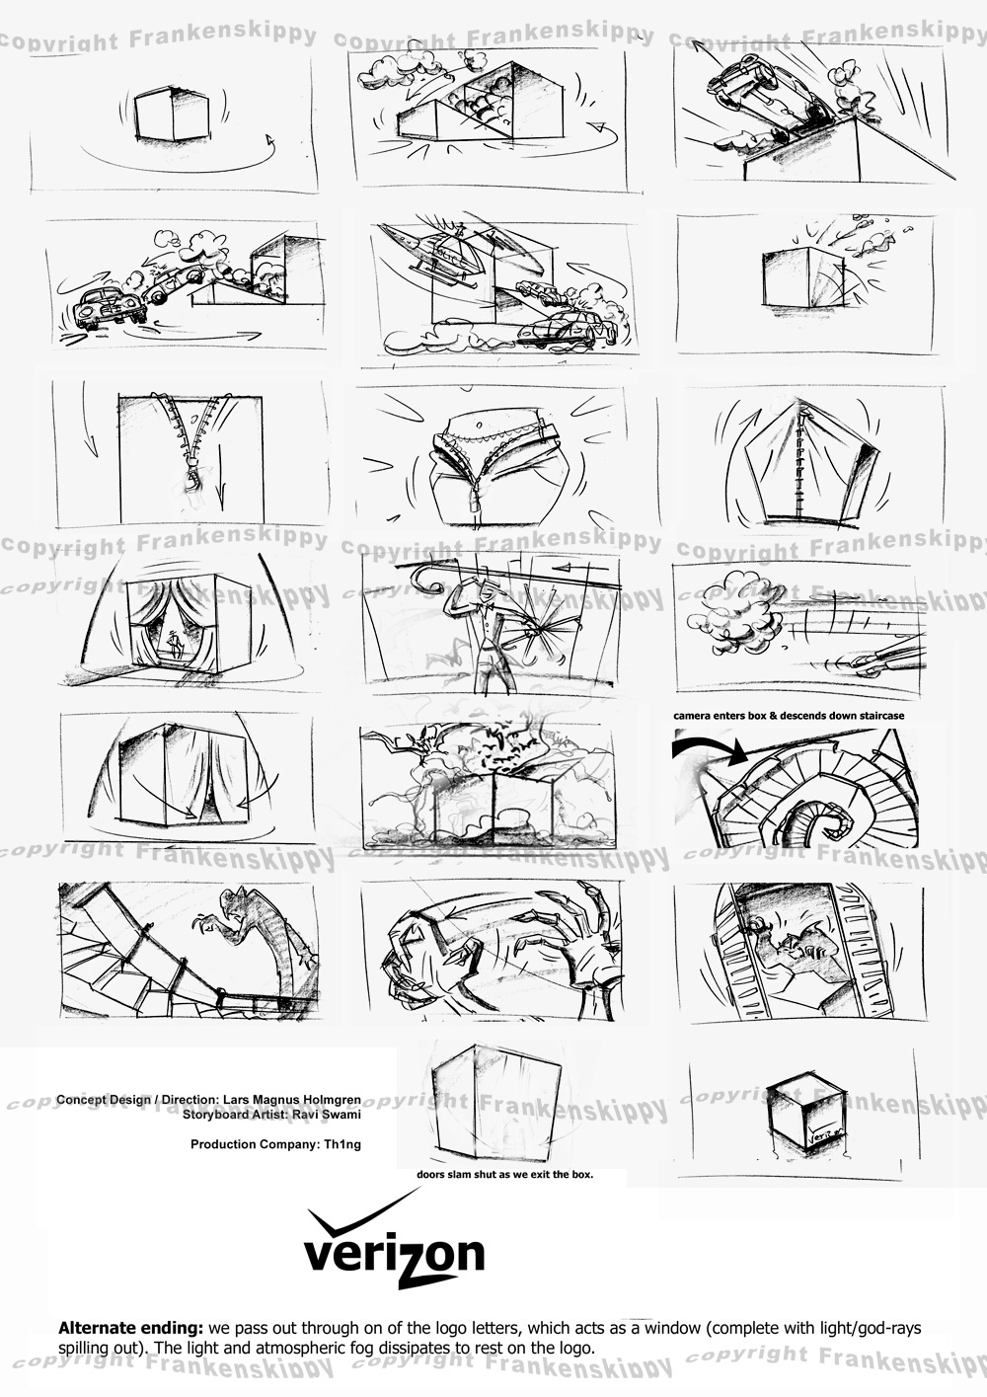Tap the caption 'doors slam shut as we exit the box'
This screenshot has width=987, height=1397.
click(x=505, y=1174)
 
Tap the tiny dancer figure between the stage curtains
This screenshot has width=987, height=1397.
click(x=173, y=641)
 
